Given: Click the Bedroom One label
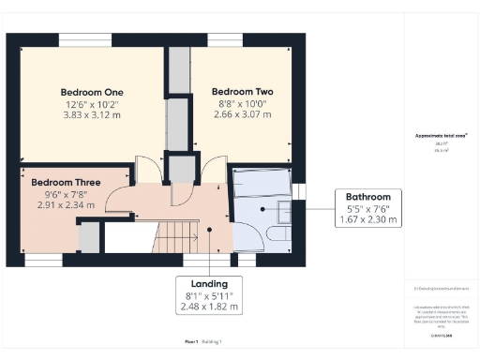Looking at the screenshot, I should (92, 92).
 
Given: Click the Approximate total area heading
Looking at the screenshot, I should (441, 136).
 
